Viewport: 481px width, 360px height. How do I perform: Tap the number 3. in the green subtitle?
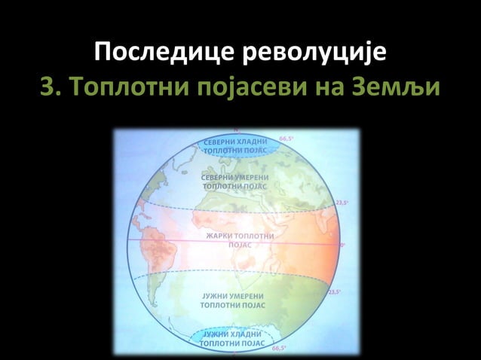click(51, 89)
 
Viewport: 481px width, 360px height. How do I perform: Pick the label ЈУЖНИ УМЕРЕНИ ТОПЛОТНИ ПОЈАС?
click(233, 301)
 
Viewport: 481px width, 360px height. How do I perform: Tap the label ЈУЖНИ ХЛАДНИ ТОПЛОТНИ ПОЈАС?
click(233, 338)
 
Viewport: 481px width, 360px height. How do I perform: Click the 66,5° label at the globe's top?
click(286, 139)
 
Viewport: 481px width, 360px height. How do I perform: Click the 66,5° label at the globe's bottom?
click(278, 349)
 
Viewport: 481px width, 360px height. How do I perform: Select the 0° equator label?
click(343, 245)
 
